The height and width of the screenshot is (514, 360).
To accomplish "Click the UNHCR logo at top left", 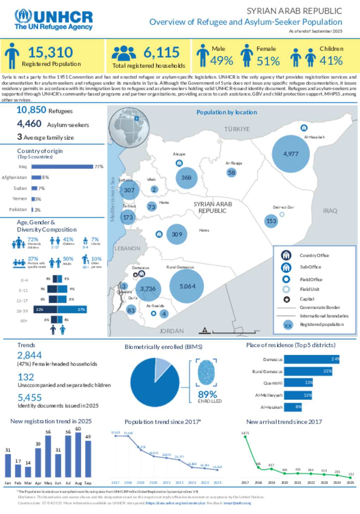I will point(53,20).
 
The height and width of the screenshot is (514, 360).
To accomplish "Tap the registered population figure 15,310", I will point(50,53).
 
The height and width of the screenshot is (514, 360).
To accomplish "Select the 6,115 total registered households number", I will point(161,53).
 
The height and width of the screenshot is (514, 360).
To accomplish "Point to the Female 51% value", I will point(268,61).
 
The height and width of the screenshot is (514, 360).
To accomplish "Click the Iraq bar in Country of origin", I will point(62,167).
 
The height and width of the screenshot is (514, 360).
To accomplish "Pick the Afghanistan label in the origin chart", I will point(14,177).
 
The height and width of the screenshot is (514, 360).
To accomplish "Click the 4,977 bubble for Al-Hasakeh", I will point(291,154).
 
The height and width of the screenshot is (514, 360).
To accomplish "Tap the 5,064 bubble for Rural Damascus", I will point(187,286).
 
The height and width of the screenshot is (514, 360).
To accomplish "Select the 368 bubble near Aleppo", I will point(186,178).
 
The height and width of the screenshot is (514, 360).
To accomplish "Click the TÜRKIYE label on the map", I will point(237,129).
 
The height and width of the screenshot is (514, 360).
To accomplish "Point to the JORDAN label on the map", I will point(172,331).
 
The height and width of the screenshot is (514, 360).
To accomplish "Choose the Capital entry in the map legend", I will point(307,299).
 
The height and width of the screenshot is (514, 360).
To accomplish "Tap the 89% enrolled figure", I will point(207,395).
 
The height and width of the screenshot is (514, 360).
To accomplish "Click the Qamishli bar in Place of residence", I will point(298,383).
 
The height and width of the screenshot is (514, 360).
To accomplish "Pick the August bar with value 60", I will point(78,455).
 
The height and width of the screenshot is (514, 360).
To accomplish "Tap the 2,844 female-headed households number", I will point(30,356).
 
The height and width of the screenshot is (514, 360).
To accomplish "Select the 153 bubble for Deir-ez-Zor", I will point(271,221).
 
